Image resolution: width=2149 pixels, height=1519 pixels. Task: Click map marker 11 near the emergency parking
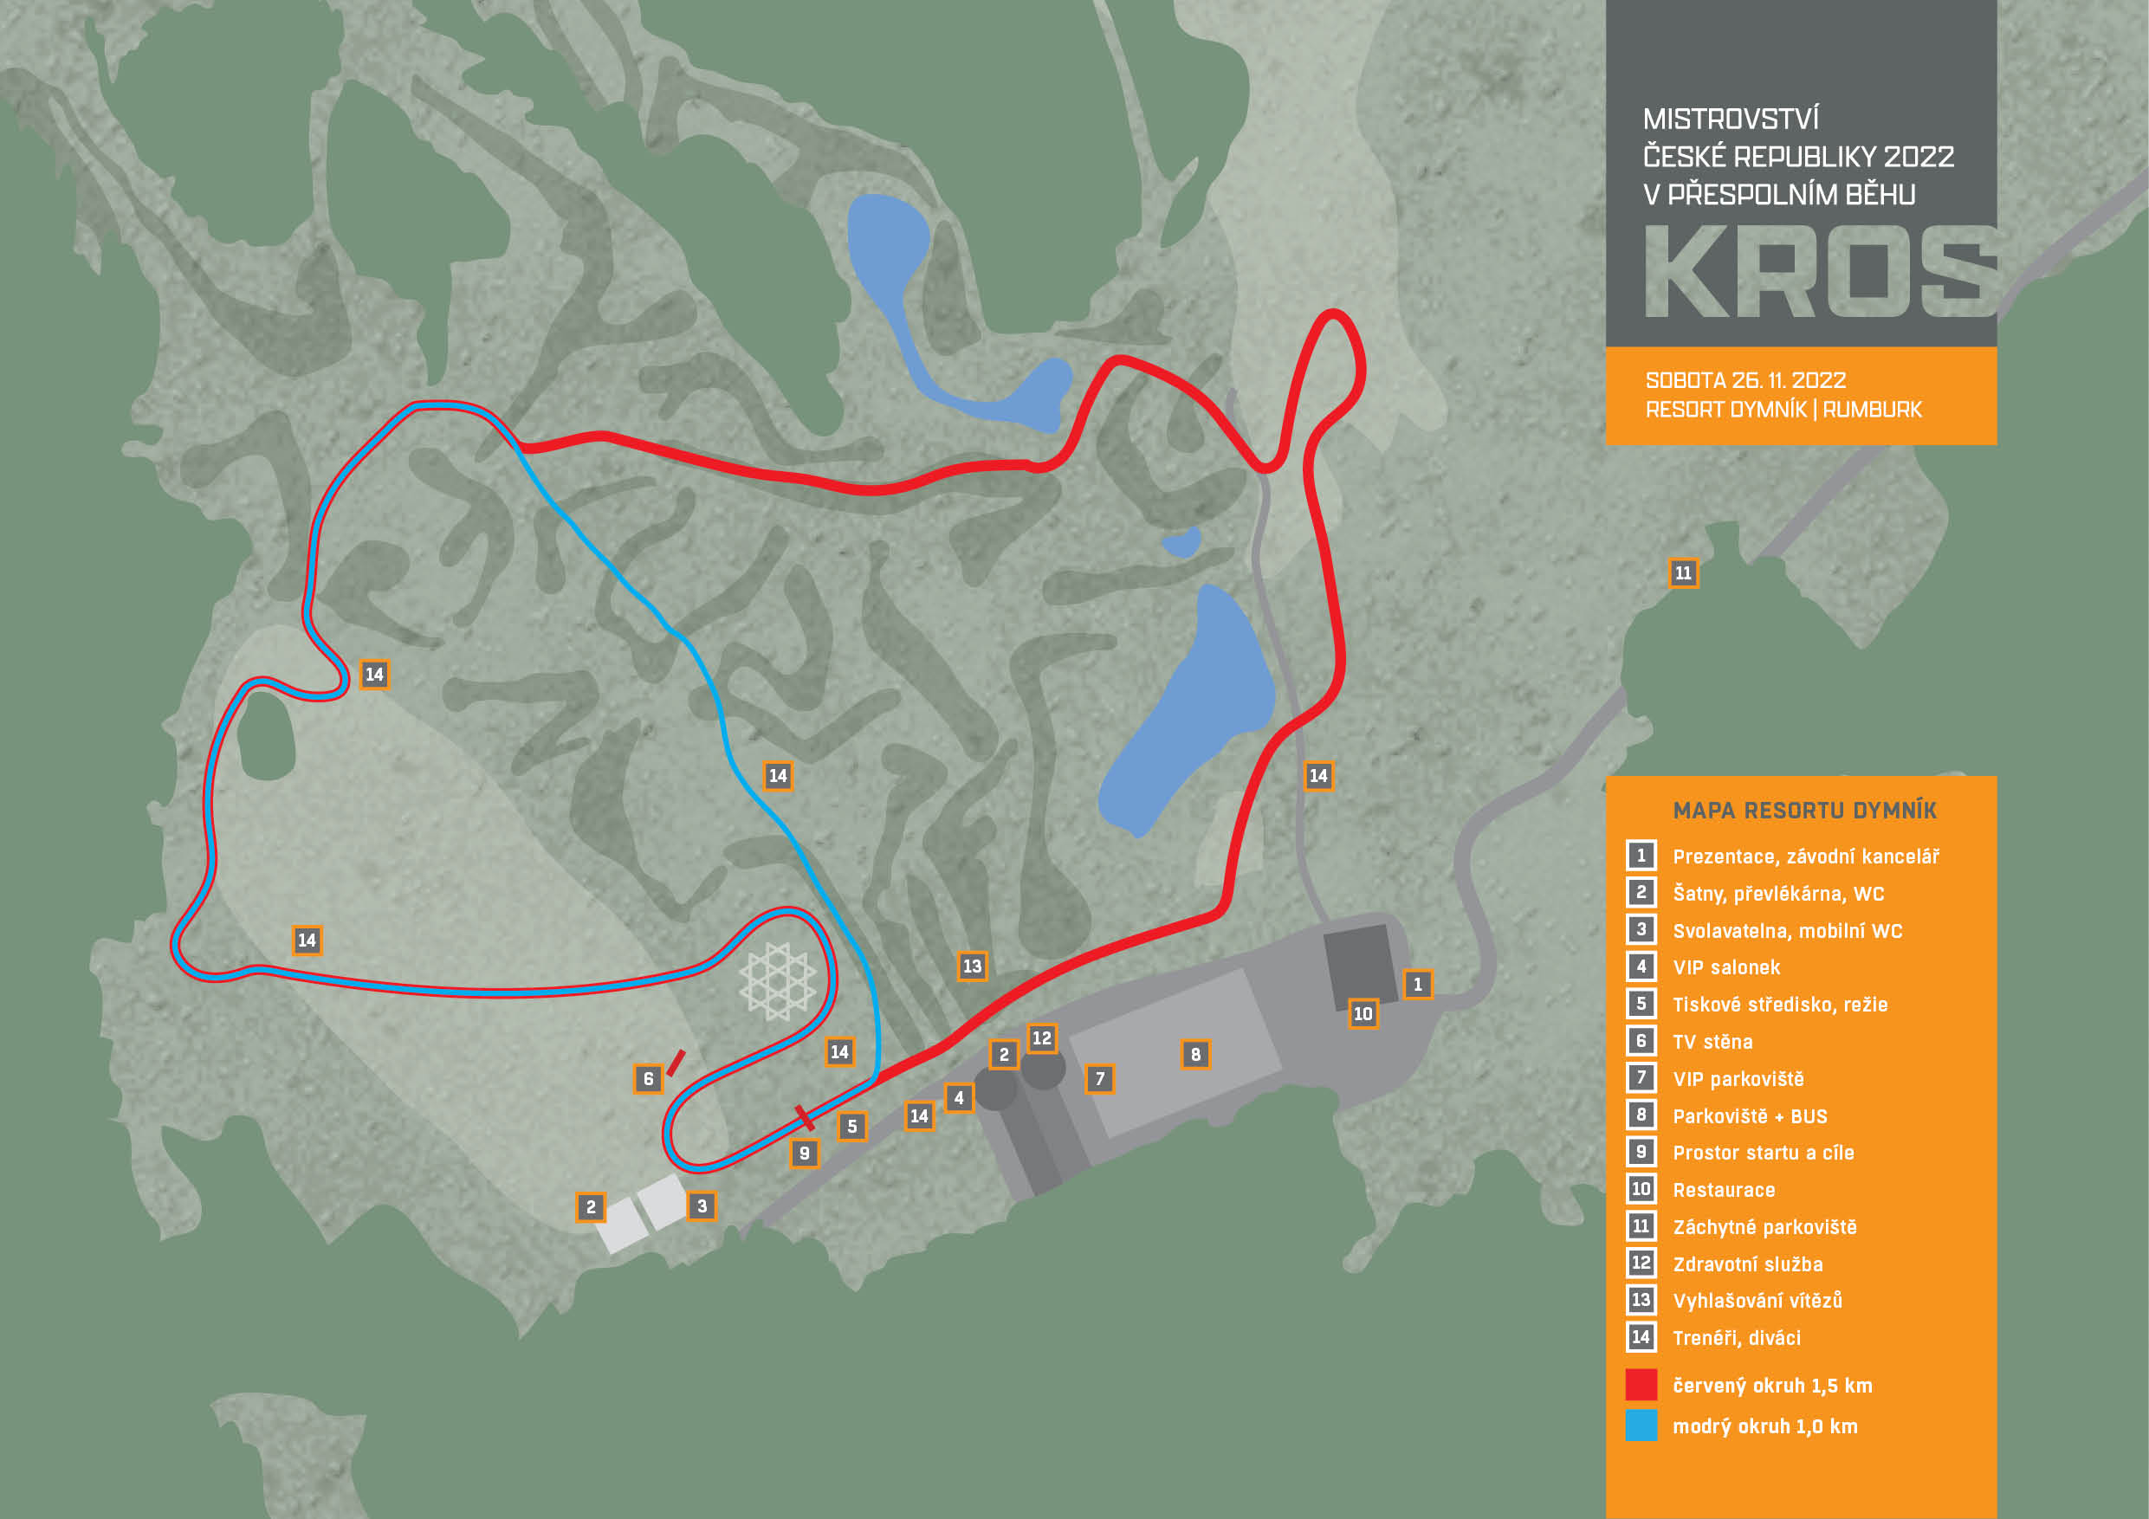pyautogui.click(x=1683, y=572)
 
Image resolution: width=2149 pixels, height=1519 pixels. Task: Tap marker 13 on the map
pyautogui.click(x=973, y=966)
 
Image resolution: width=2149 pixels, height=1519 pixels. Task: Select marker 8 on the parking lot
pyautogui.click(x=1195, y=1055)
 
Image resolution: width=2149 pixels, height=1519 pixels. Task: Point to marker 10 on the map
pyautogui.click(x=1363, y=1013)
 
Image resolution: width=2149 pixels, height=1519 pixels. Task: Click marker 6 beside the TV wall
pyautogui.click(x=648, y=1079)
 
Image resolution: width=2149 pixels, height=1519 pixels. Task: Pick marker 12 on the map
pyautogui.click(x=1042, y=1038)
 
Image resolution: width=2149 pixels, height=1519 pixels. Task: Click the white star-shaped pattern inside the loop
pyautogui.click(x=777, y=980)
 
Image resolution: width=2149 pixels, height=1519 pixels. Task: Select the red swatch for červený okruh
pyautogui.click(x=1641, y=1385)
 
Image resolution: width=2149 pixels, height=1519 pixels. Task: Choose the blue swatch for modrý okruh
pyautogui.click(x=1641, y=1425)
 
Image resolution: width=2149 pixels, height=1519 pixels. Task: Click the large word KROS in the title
pyautogui.click(x=1820, y=272)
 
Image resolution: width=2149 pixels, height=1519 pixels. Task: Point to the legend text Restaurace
pyautogui.click(x=1724, y=1191)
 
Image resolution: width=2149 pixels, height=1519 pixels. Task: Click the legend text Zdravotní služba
pyautogui.click(x=1747, y=1264)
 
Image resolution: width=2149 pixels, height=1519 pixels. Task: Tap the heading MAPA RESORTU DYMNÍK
pyautogui.click(x=1804, y=811)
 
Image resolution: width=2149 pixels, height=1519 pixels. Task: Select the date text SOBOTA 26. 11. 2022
pyautogui.click(x=1745, y=381)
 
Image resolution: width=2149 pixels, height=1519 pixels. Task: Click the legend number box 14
pyautogui.click(x=1641, y=1337)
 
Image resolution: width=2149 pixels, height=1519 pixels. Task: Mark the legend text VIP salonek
pyautogui.click(x=1726, y=967)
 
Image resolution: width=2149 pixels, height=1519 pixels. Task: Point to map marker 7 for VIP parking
pyautogui.click(x=1100, y=1079)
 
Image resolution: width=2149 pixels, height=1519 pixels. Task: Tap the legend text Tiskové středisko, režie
pyautogui.click(x=1779, y=1005)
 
